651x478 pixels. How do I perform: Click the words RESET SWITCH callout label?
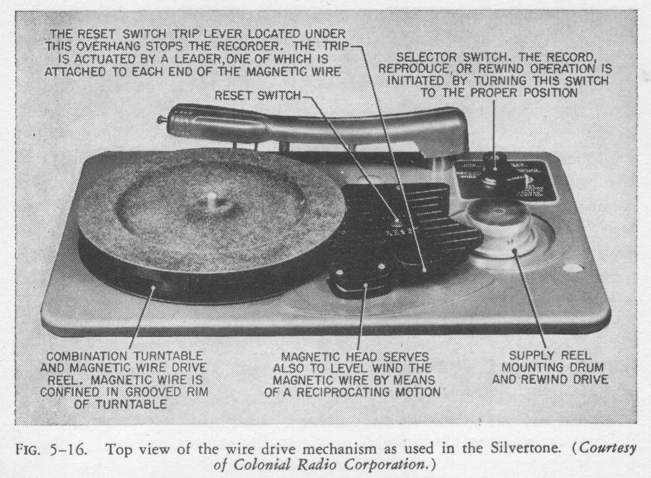coord(258,95)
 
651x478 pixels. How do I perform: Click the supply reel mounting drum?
coord(498,229)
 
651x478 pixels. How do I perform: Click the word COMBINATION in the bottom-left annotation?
coord(87,356)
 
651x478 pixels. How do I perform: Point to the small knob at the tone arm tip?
coord(161,119)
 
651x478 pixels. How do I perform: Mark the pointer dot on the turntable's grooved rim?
coord(153,288)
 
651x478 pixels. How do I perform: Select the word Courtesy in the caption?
coord(607,449)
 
